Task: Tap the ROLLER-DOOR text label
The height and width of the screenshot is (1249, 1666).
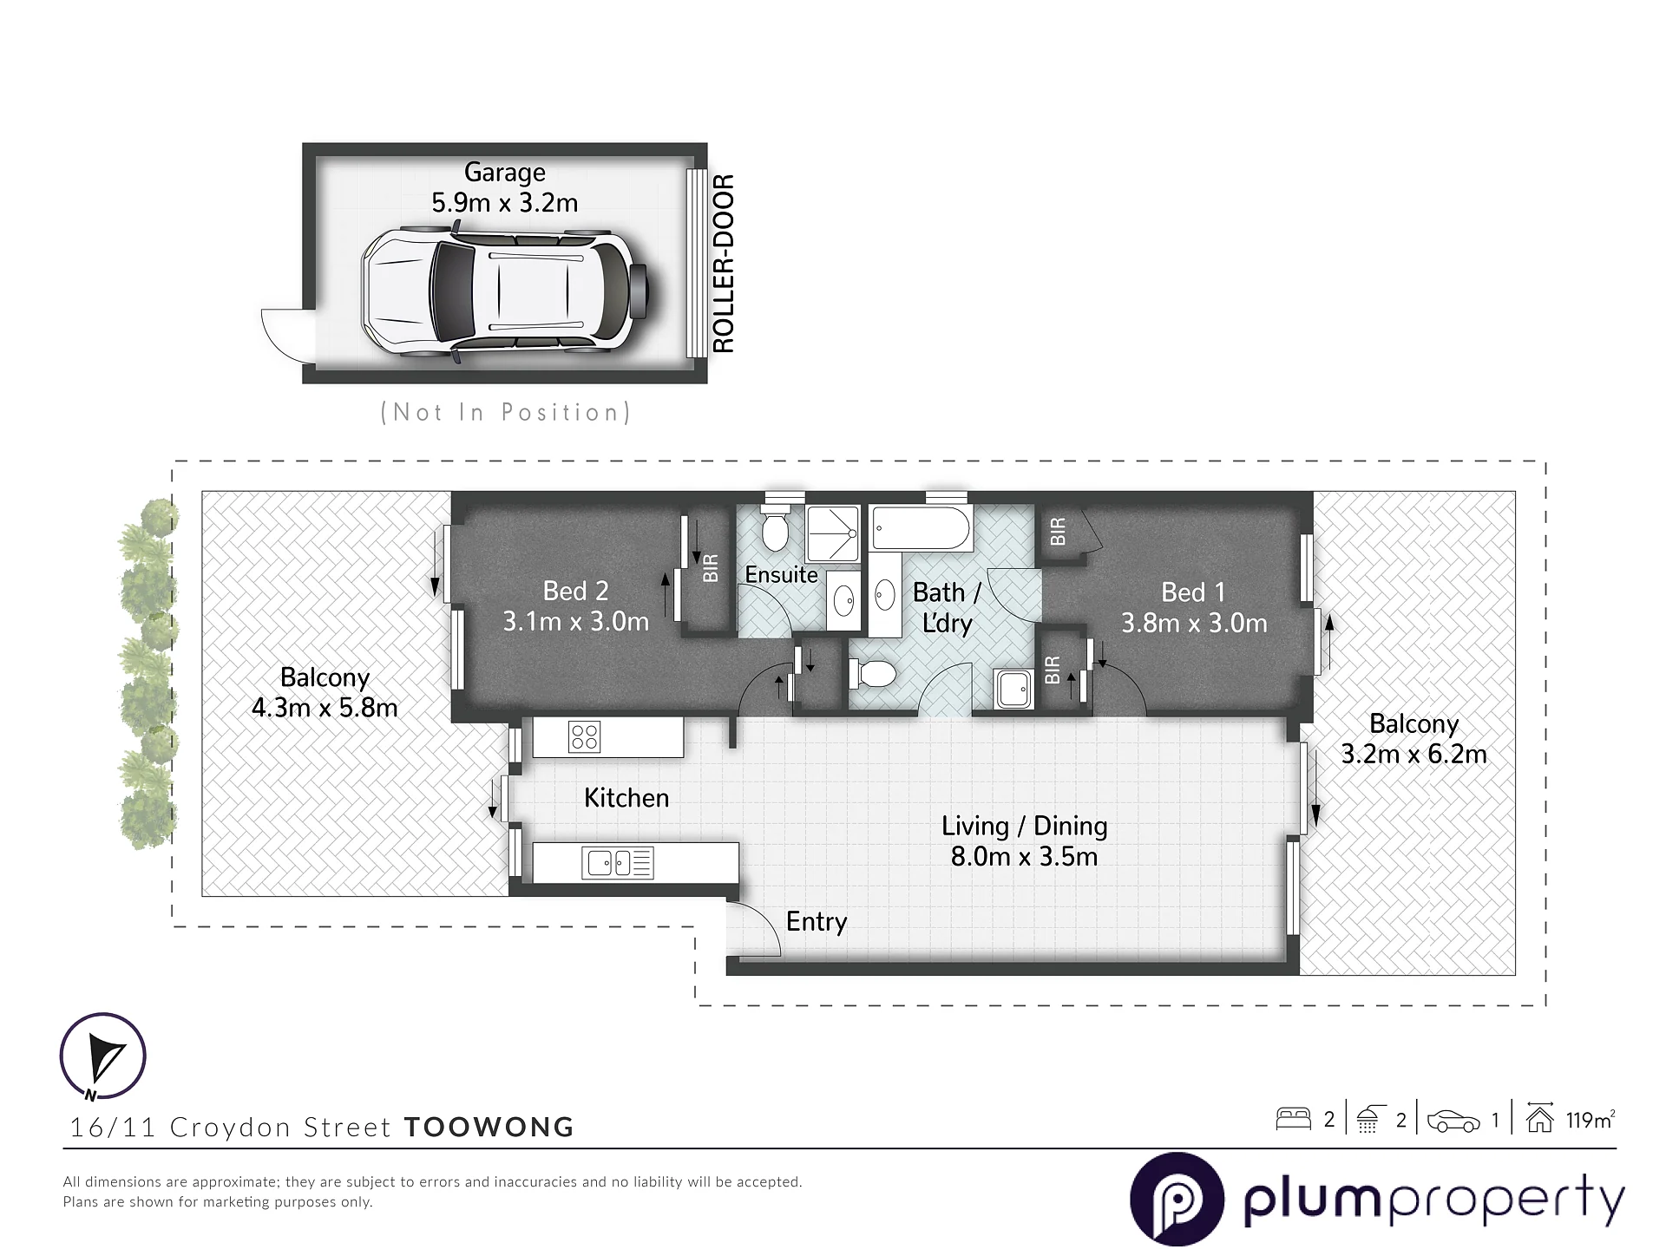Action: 723,264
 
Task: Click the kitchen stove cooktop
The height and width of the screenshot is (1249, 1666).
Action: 584,737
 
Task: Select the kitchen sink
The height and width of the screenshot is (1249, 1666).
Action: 620,863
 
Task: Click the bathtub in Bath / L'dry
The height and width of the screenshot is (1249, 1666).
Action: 922,528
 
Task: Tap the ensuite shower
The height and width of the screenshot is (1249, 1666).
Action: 832,533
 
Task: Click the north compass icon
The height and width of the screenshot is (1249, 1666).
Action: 102,1056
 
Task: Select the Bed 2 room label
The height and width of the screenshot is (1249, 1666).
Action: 575,592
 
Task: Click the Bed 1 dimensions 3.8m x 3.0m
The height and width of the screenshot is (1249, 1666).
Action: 1194,623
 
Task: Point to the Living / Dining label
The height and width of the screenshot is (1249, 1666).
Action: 1025,826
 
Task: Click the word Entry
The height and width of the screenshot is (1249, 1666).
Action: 817,921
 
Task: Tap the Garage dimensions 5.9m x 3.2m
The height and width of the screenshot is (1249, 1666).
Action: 505,203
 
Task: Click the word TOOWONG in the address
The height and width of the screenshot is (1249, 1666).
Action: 489,1127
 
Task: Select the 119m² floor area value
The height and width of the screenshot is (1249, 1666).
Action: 1591,1120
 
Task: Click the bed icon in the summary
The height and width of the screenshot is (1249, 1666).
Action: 1293,1119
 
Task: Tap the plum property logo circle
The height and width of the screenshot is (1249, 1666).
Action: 1177,1200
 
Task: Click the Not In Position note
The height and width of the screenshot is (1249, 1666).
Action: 506,412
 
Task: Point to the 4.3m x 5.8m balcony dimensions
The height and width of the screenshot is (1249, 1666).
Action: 325,708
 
